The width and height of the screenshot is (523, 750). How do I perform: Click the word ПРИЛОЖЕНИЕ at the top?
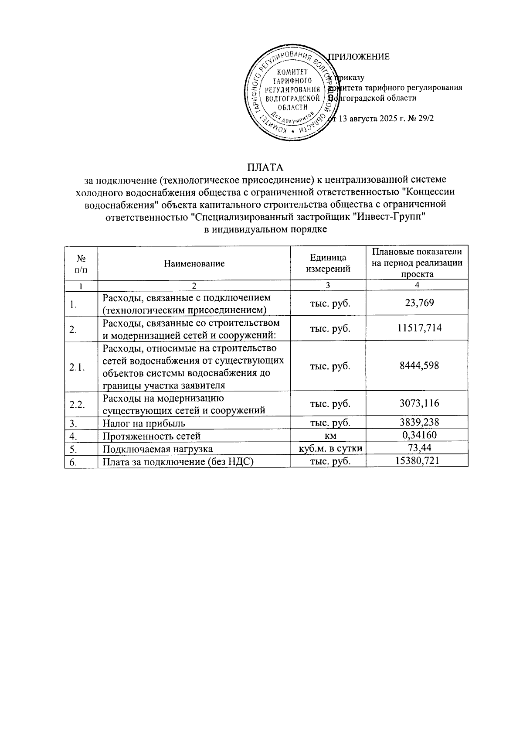[358, 57]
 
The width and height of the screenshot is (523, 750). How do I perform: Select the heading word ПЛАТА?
[265, 167]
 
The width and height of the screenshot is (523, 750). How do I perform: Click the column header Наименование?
[194, 263]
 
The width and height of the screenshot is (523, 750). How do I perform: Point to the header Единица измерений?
[328, 263]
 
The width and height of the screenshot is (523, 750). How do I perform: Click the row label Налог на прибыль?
[144, 423]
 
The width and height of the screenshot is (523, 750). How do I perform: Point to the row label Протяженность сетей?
[151, 436]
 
